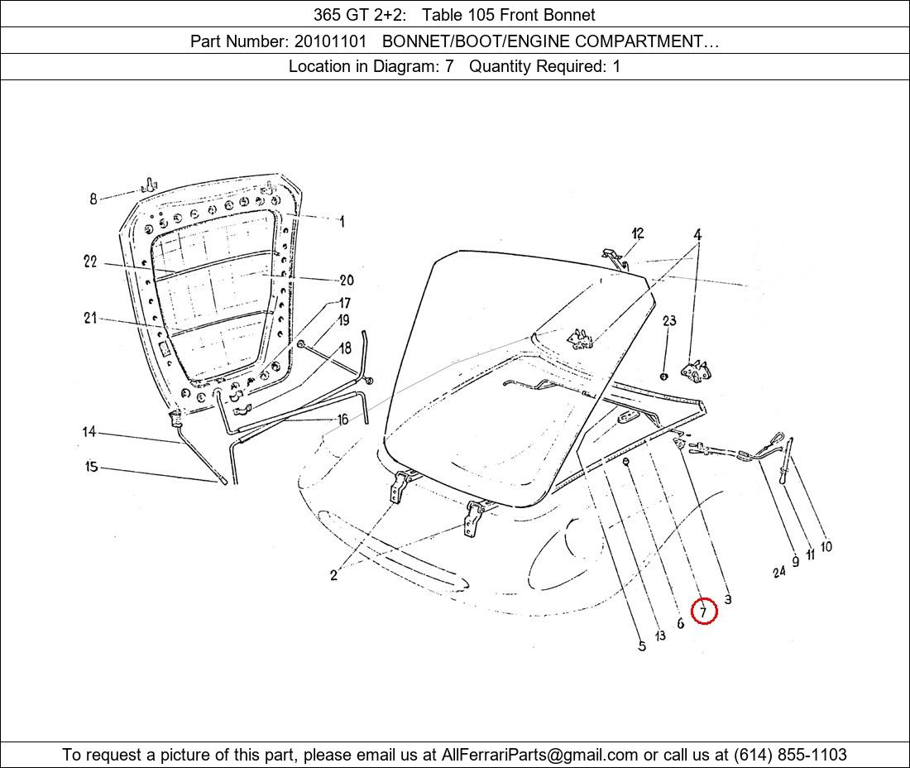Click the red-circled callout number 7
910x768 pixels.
tap(704, 612)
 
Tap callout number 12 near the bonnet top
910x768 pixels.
tap(638, 233)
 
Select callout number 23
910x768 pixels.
tap(669, 320)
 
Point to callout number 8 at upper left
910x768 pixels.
tap(93, 199)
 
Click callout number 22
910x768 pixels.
tap(90, 262)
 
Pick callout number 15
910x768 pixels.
tap(91, 466)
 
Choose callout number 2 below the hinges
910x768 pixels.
tap(333, 575)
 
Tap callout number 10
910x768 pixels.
tap(826, 546)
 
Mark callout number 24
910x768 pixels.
tap(779, 572)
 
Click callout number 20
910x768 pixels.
tap(347, 281)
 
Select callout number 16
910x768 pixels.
tap(343, 419)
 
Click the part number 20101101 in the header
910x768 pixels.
tap(330, 41)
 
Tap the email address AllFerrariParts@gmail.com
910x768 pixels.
tap(539, 755)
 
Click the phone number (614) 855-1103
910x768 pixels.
tap(790, 755)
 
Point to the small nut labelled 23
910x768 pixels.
tap(664, 377)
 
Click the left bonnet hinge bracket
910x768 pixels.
tap(400, 487)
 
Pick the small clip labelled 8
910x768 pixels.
tap(149, 185)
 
